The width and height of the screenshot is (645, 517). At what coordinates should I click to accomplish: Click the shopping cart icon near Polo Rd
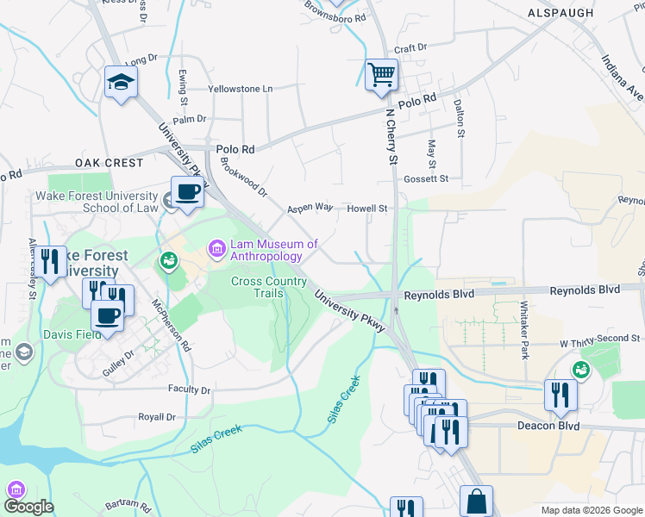tap(380, 74)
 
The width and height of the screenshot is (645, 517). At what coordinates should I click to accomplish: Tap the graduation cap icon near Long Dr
tap(121, 83)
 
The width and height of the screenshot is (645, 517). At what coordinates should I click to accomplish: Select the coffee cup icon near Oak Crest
tap(187, 192)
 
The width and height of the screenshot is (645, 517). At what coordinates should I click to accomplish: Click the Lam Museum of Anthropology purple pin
tap(216, 250)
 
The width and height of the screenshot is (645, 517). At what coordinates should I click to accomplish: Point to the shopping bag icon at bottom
tap(476, 501)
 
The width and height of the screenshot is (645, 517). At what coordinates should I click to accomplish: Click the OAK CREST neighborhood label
tap(108, 163)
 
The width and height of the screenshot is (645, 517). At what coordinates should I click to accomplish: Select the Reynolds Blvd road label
tap(440, 295)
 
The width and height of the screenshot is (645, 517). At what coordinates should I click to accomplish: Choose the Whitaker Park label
tap(523, 331)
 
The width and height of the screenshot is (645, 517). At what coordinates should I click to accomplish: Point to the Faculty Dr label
tap(190, 389)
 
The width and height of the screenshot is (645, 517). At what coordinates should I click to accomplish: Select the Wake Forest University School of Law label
tap(97, 202)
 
